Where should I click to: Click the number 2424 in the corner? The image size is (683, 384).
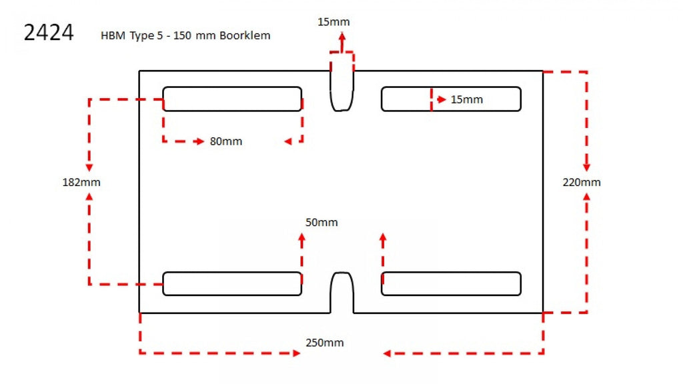click(48, 33)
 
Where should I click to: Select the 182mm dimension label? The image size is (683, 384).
click(81, 182)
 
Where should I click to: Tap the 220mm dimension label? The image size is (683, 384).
click(582, 182)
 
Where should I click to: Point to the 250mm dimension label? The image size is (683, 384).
click(325, 343)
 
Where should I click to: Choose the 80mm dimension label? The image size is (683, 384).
click(226, 141)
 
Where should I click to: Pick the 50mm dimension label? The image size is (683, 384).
click(321, 222)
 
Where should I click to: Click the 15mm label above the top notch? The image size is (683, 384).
click(333, 22)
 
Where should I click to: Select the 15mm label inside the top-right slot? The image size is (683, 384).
click(466, 100)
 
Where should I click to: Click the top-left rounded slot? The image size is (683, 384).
click(232, 99)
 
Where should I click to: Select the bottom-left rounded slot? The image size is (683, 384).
click(232, 283)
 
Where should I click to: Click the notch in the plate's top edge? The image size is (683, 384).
click(342, 90)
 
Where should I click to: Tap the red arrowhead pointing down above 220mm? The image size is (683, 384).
click(587, 167)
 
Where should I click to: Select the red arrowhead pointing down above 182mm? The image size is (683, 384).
click(89, 167)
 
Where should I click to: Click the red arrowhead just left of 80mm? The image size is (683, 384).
click(199, 141)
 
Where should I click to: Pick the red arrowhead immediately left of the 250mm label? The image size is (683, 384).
click(296, 353)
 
